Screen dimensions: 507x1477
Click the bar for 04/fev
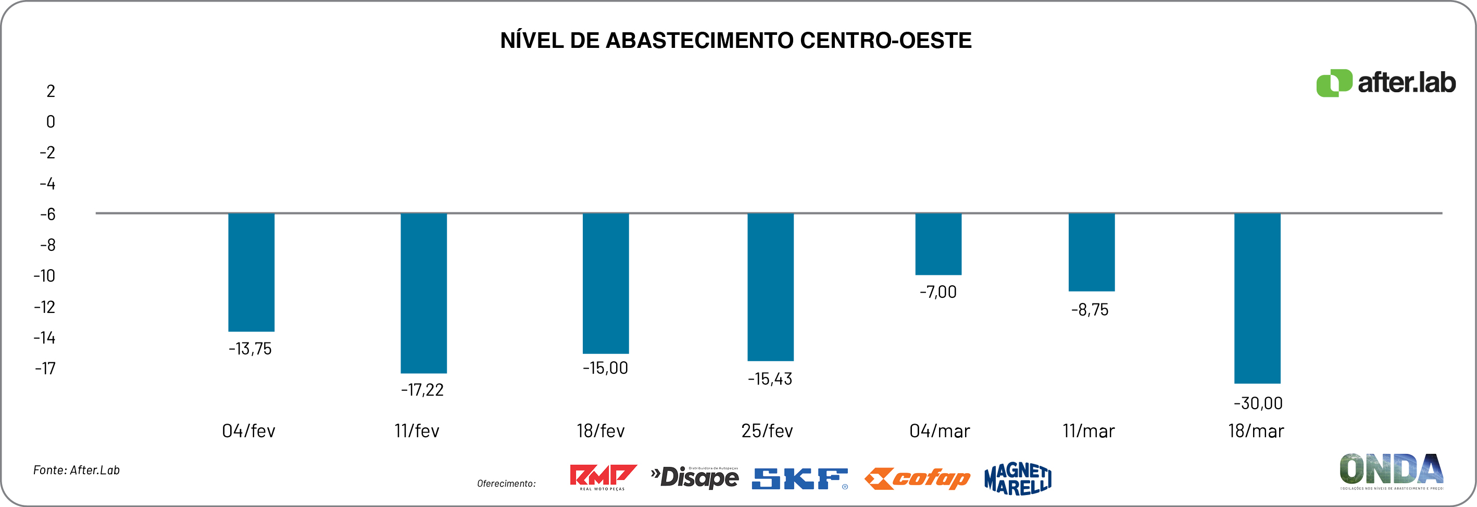tap(251, 272)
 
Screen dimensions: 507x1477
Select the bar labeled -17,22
tap(423, 293)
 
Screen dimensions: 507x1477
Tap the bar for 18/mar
tap(1257, 298)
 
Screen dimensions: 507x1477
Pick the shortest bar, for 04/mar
tap(938, 244)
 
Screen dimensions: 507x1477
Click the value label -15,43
tap(769, 378)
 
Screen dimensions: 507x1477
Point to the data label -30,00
tap(1258, 403)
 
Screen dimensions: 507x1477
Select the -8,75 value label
tap(1090, 310)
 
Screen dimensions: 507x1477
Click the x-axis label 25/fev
tap(767, 431)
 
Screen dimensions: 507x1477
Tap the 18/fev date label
tap(600, 431)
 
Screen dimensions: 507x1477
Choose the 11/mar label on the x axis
tap(1088, 431)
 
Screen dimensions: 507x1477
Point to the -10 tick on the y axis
tap(44, 276)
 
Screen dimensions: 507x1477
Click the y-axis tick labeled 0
tap(51, 121)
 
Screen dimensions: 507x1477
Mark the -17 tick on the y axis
tap(45, 369)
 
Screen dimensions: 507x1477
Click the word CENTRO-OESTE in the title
tap(885, 41)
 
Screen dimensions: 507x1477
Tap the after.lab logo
tap(1385, 84)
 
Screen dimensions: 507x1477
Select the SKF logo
tap(799, 479)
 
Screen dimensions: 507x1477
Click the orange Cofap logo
tap(917, 479)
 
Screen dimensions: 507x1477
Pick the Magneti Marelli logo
tap(1018, 479)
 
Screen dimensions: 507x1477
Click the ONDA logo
tap(1391, 471)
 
